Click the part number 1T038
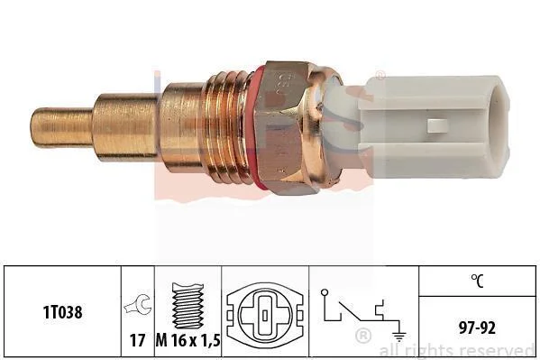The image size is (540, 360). coord(62,312)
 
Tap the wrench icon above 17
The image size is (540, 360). coord(138,304)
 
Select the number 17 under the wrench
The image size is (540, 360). coord(137,340)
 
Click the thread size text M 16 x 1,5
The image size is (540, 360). coord(188,341)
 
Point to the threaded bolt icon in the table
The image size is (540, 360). coord(188,306)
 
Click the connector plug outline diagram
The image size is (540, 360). coord(265,315)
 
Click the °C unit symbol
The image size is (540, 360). coord(477,281)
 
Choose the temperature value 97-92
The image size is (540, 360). coord(477,328)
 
